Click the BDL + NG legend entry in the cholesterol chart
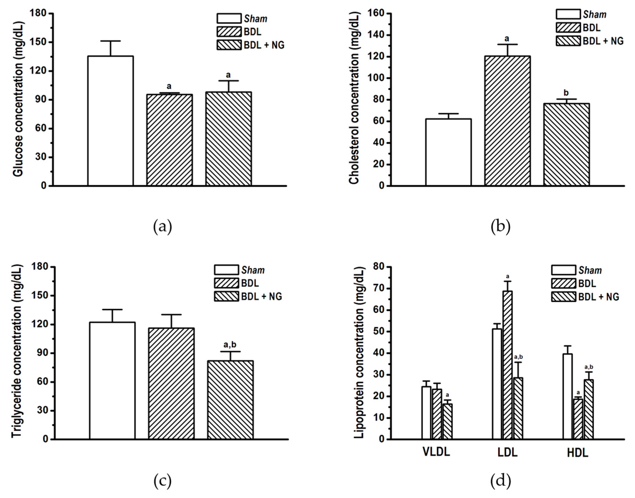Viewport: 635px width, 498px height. [x=589, y=41]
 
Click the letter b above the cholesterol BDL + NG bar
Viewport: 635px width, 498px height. [x=566, y=93]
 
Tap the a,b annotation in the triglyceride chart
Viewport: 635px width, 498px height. [x=230, y=345]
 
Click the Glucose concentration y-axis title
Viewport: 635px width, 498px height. [x=18, y=99]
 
